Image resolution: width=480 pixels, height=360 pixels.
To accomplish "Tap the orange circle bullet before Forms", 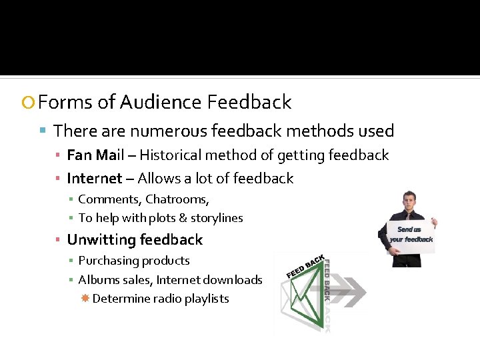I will coord(27,103).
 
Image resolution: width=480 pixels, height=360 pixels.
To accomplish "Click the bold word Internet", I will coord(95,179).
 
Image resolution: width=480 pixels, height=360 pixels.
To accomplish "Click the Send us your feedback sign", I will coord(411,235).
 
